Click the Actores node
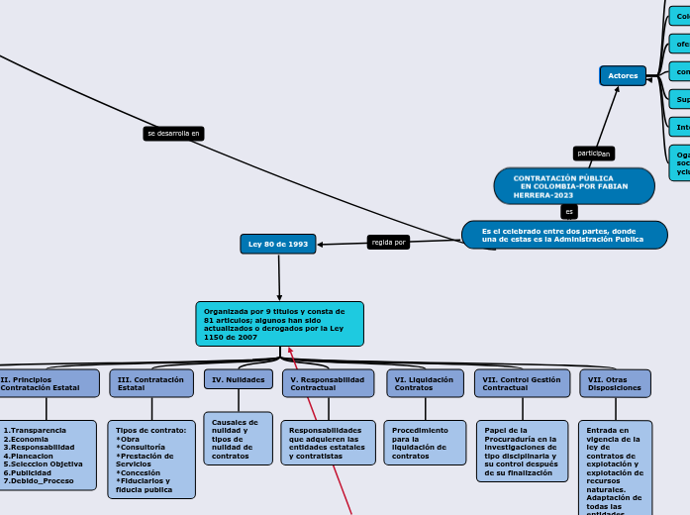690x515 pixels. (623, 75)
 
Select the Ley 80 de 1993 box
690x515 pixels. (277, 244)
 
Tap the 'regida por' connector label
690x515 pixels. (388, 242)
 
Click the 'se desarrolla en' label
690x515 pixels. (173, 133)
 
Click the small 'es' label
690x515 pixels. (568, 212)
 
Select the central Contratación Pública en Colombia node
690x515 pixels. (574, 186)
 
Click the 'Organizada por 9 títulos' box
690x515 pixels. (279, 324)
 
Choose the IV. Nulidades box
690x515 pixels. (239, 379)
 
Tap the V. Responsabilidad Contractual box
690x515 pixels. (328, 383)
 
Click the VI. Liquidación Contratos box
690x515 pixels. (425, 383)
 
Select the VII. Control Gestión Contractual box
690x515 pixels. (522, 383)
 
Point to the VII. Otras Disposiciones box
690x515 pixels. (615, 383)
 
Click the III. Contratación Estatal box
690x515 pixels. (151, 383)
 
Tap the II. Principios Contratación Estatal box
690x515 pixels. (48, 383)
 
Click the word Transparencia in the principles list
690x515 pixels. (38, 431)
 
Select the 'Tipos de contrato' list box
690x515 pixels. (151, 460)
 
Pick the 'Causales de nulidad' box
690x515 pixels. (238, 438)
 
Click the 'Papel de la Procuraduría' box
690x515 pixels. (522, 451)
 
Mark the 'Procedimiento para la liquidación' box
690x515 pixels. (425, 443)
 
